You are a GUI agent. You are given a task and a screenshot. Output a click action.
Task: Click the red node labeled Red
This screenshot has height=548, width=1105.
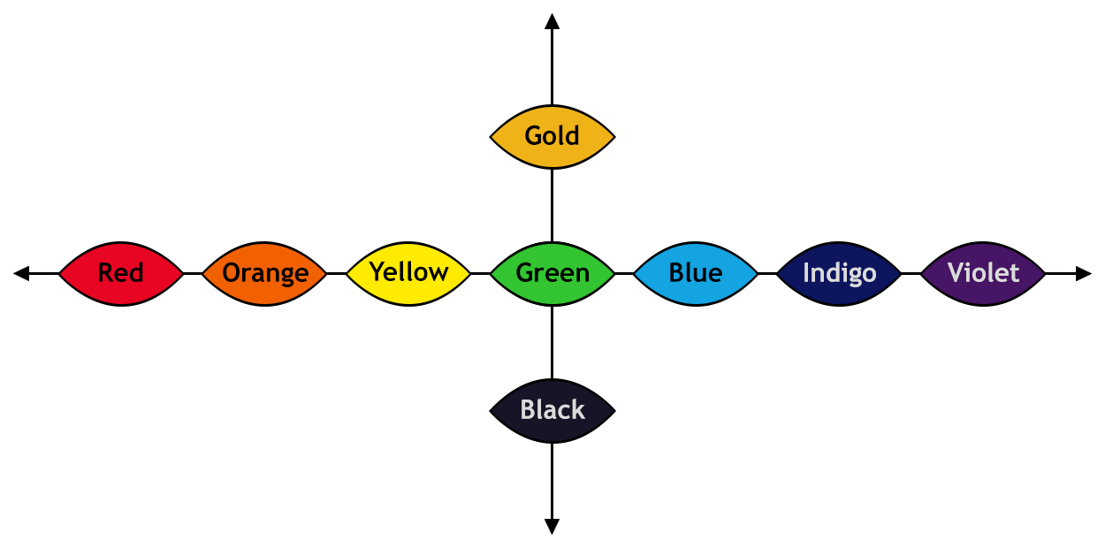pos(121,274)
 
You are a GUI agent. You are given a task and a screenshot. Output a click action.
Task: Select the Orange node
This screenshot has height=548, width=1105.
pos(264,274)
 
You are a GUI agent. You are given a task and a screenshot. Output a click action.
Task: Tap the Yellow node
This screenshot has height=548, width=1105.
pos(408,274)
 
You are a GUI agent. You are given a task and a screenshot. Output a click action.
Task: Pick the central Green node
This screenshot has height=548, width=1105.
pos(552,274)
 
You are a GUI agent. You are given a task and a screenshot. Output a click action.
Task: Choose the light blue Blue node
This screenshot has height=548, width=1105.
pos(696,274)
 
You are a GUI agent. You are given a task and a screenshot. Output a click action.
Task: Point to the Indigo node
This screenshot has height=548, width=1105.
pos(839,274)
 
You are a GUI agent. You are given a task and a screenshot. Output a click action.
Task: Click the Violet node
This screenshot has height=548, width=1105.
pos(983,274)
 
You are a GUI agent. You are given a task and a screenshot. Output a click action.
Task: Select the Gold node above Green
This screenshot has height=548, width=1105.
pos(552,137)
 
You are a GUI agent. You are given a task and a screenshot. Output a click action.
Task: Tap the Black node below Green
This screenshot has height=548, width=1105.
pos(552,411)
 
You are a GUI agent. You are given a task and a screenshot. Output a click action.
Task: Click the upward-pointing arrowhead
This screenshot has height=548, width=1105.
pos(552,21)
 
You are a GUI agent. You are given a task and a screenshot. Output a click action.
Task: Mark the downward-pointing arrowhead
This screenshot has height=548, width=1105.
pos(552,526)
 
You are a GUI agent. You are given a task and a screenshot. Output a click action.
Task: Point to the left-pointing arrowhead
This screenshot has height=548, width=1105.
pos(21,273)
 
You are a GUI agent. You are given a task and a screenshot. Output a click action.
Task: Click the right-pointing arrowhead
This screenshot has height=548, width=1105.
pos(1083,273)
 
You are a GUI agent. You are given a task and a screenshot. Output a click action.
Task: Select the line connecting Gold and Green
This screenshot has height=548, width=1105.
pos(552,205)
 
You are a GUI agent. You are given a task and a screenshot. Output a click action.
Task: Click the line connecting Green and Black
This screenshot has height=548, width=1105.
pos(552,342)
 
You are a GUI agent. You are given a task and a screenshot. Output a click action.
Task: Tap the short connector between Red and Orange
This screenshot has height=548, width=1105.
pos(193,273)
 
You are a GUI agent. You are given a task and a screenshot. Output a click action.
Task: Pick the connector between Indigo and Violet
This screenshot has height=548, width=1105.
pos(911,273)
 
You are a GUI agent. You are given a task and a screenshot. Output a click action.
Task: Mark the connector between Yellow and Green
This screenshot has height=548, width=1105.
pos(481,273)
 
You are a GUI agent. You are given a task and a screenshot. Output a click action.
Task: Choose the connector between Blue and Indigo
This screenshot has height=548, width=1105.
pos(767,273)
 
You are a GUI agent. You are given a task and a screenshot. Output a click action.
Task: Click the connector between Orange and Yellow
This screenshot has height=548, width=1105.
pos(337,273)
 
